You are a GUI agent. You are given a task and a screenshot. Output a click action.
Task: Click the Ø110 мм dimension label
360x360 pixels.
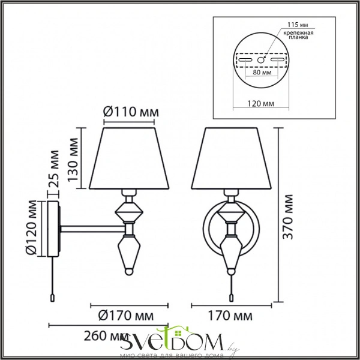[131, 112]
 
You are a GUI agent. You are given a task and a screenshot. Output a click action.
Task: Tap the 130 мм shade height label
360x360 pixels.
[73, 160]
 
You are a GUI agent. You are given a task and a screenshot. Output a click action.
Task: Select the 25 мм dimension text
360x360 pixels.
[54, 169]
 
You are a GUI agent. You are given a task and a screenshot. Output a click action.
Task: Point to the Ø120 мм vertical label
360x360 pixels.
[31, 228]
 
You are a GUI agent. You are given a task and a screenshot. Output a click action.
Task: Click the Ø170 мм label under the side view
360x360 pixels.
[126, 316]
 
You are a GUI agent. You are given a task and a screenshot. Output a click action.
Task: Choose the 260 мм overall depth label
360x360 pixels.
[106, 336]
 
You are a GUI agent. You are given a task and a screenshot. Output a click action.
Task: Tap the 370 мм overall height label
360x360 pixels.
[288, 217]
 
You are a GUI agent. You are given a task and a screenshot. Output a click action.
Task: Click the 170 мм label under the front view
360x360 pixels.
[230, 316]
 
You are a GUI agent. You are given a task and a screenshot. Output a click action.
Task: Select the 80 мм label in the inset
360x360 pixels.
[262, 73]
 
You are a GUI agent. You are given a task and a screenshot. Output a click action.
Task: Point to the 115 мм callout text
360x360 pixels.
[298, 25]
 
